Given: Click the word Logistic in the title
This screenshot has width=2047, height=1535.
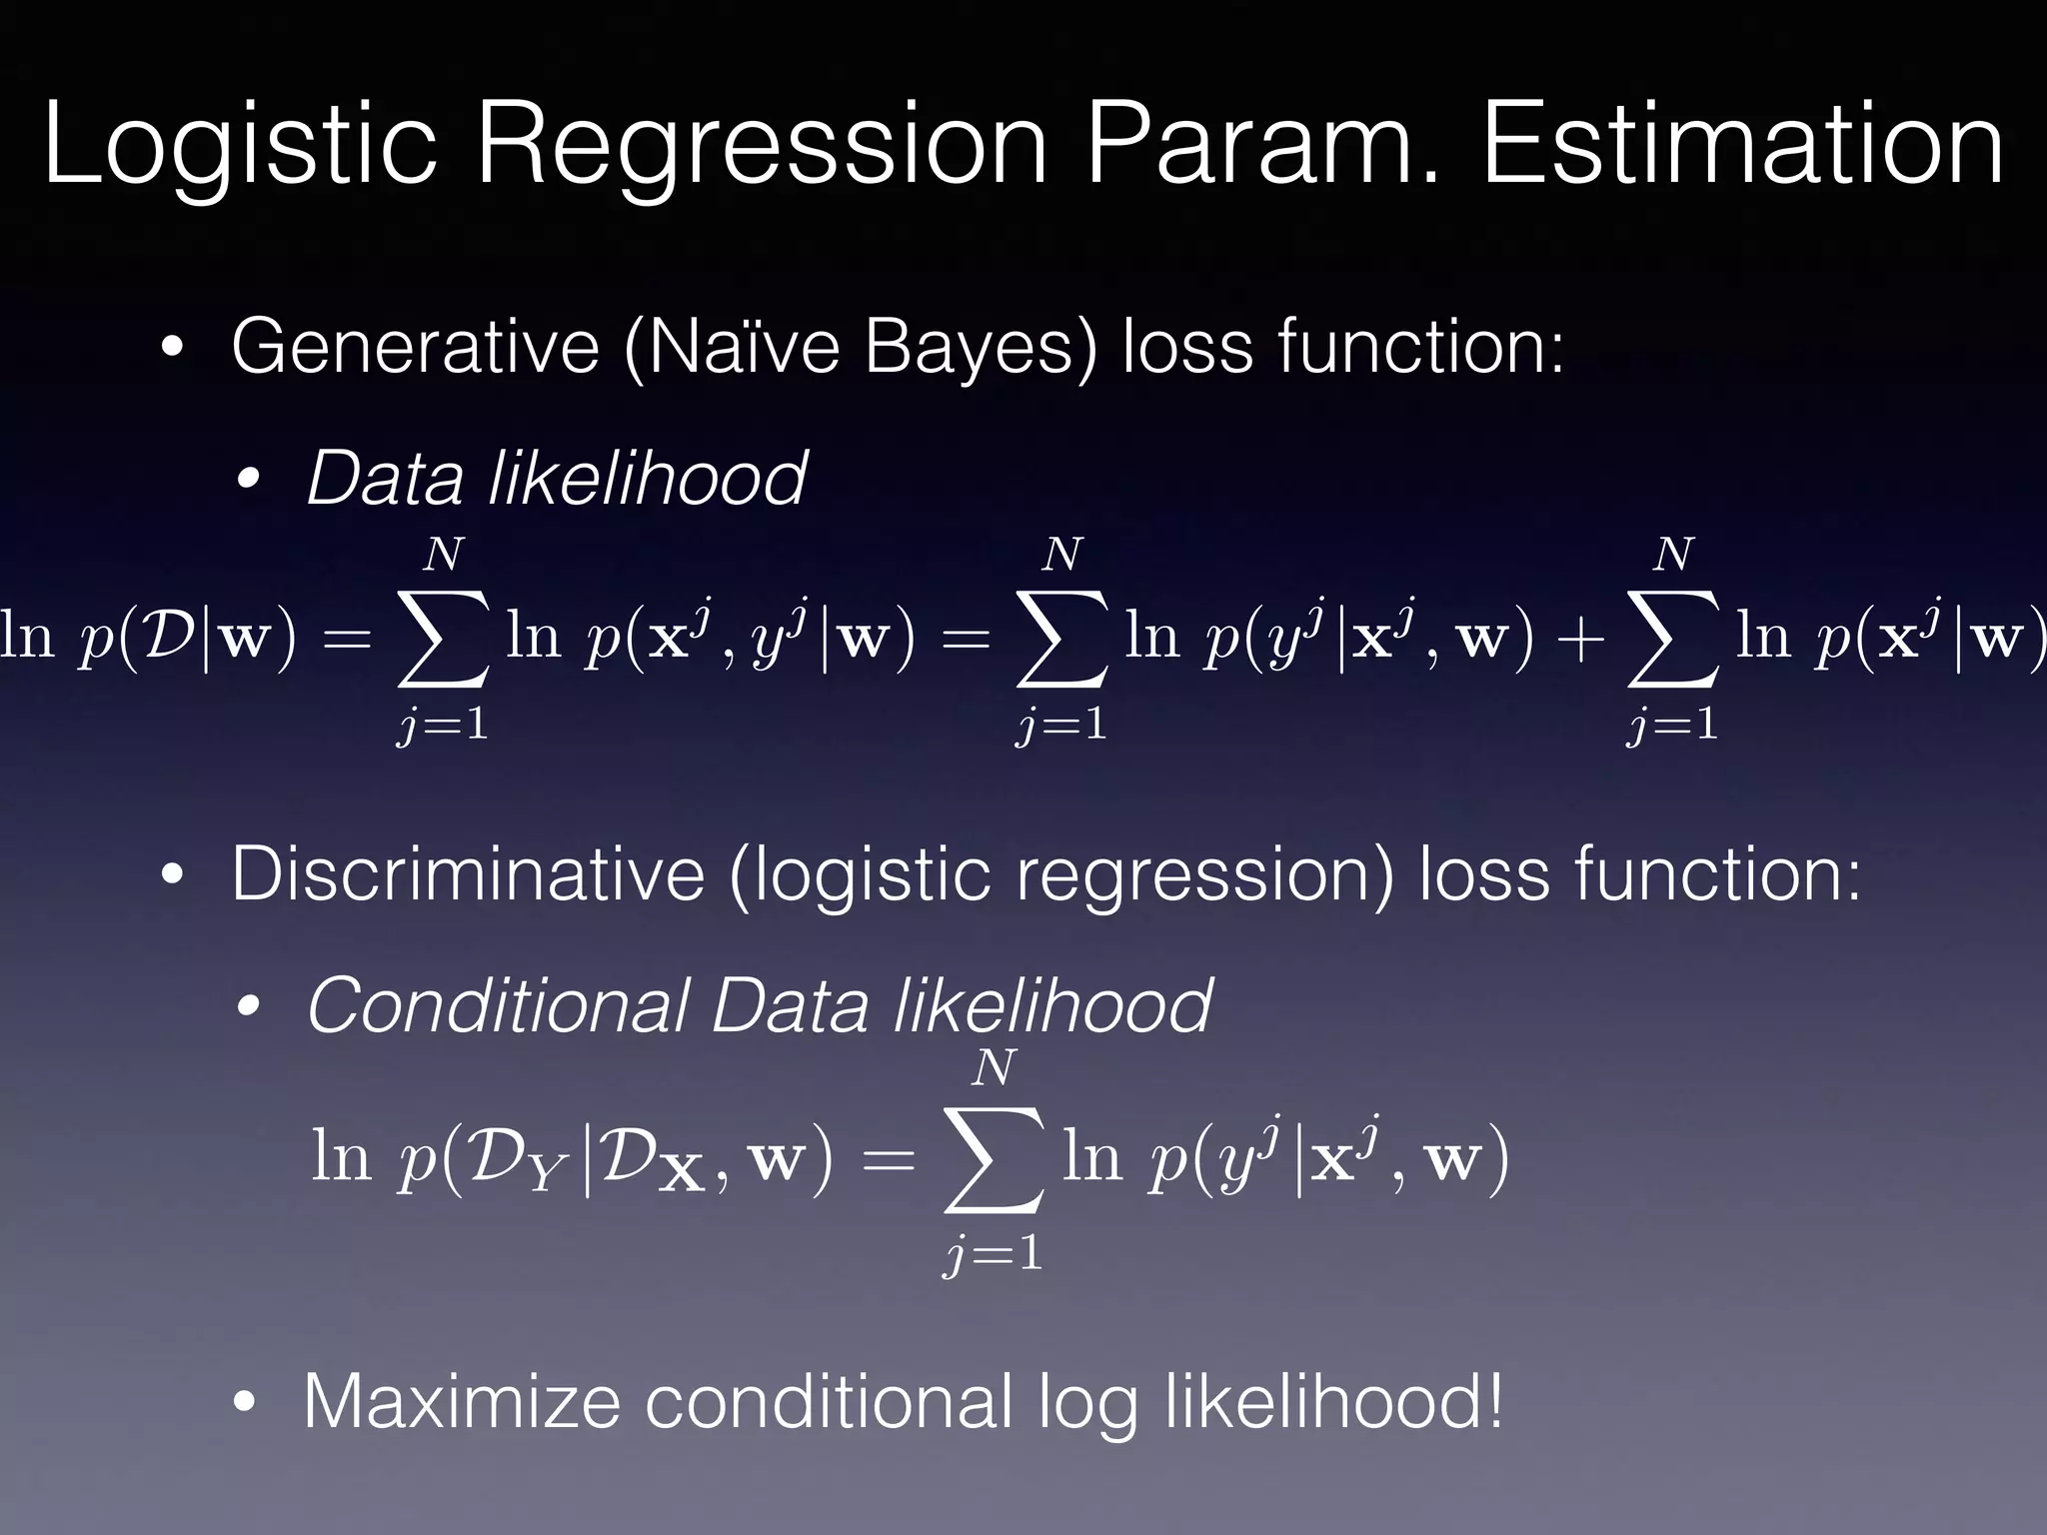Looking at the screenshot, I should pos(241,148).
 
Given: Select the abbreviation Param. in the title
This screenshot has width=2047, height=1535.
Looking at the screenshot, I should pos(1263,148).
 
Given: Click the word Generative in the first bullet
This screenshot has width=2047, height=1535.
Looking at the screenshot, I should pos(415,347).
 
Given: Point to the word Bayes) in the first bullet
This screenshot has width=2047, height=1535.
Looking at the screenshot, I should pos(980,347).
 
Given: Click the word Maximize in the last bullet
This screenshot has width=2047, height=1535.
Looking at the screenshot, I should pos(461,1402).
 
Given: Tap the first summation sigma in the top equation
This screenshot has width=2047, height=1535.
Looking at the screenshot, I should pos(443,640).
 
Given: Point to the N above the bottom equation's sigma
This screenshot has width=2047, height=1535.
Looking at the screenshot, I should pos(995,1069).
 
